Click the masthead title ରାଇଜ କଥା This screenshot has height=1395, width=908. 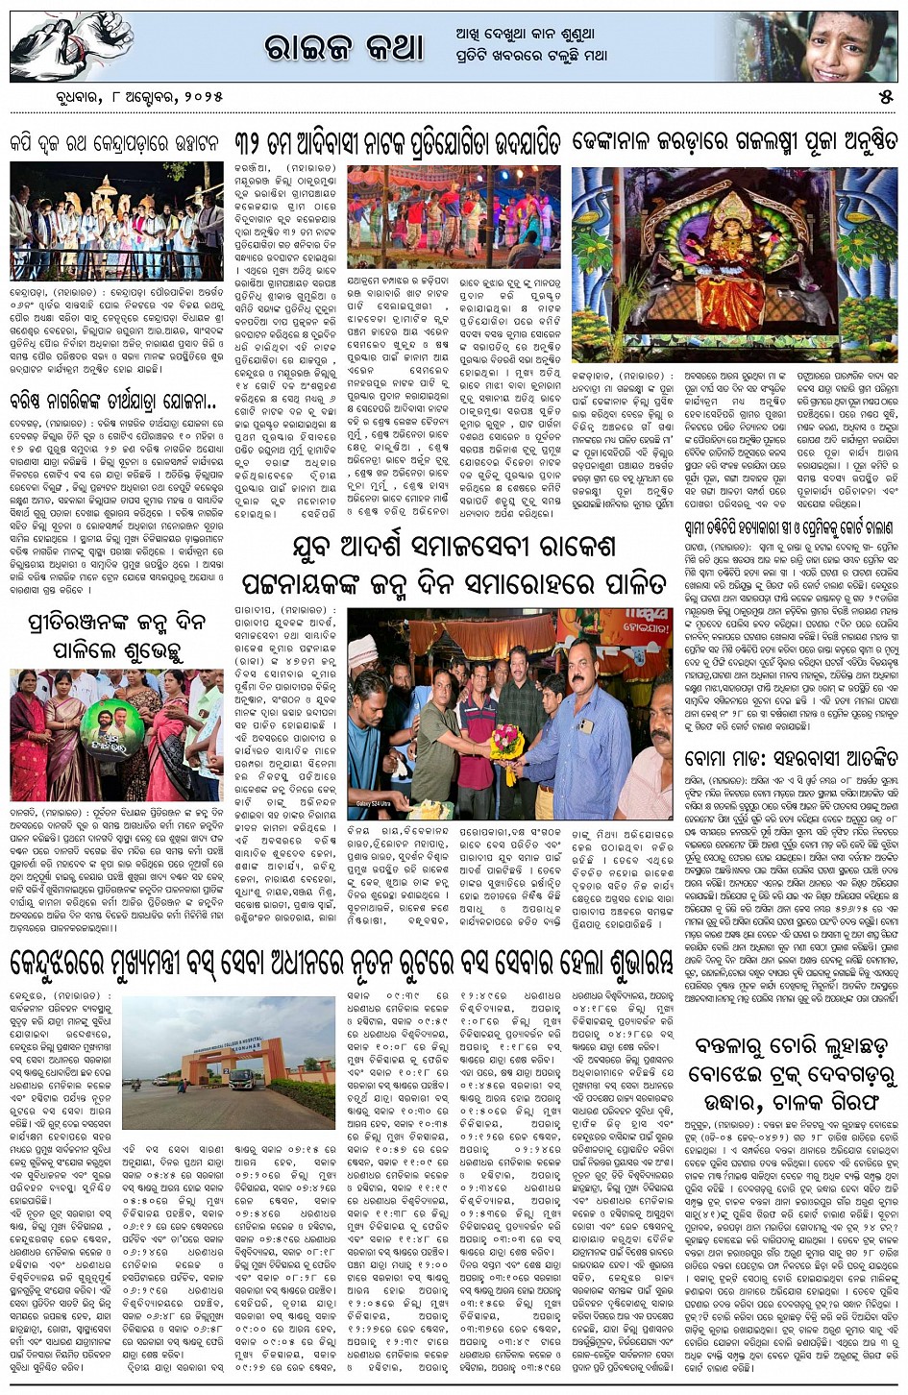coord(343,47)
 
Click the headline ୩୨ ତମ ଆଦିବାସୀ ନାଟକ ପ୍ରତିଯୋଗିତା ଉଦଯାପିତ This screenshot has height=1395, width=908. coord(398,143)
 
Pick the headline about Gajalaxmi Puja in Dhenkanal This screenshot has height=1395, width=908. coord(734,143)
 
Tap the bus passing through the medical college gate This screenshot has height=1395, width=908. coord(243,1079)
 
